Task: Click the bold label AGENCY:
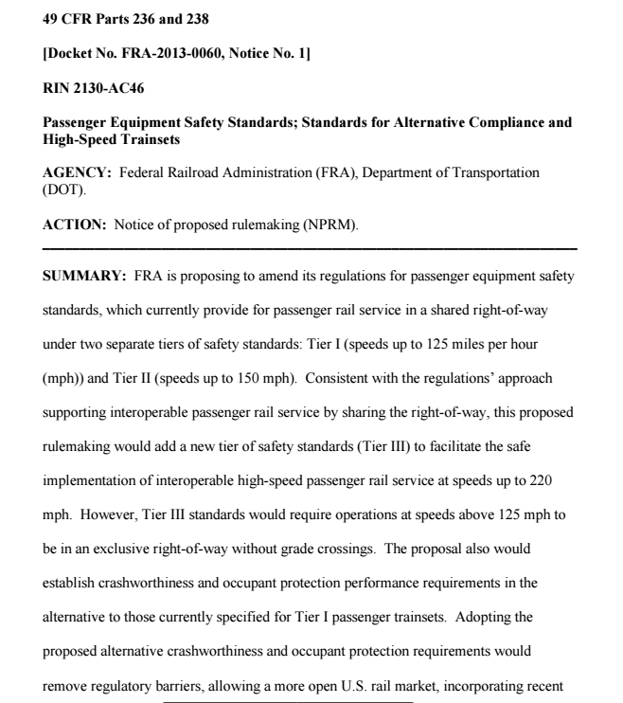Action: pyautogui.click(x=74, y=173)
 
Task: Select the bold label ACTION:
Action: pyautogui.click(x=73, y=225)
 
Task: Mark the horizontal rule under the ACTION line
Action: pyautogui.click(x=311, y=248)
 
